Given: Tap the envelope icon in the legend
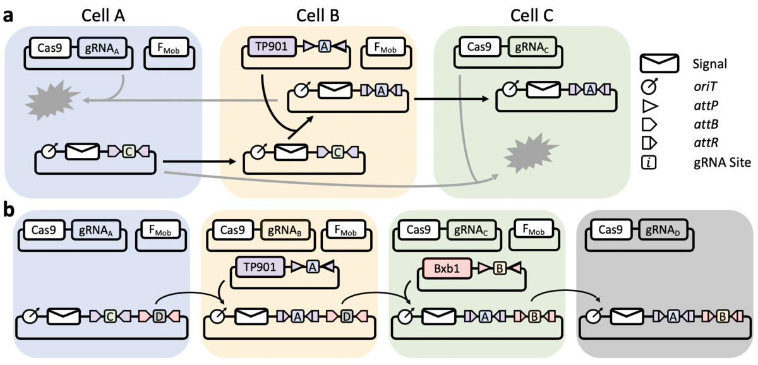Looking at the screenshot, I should (659, 63).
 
